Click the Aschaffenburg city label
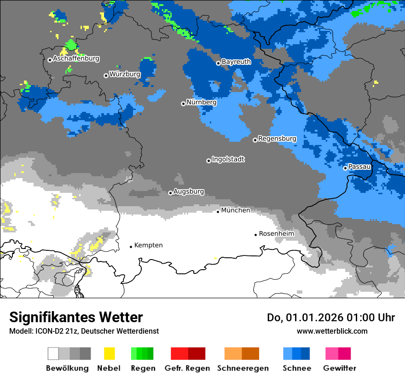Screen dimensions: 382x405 click(x=76, y=59)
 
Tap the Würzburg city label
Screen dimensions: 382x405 click(x=125, y=74)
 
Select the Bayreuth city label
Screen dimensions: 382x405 click(x=236, y=62)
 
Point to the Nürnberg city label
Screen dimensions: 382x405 click(x=201, y=103)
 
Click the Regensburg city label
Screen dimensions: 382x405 click(x=277, y=139)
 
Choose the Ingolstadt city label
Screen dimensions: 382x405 click(x=228, y=160)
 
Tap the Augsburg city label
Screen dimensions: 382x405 click(x=188, y=191)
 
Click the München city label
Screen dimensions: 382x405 click(x=236, y=210)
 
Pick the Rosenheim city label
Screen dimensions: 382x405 click(x=276, y=234)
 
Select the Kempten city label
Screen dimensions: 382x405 click(x=148, y=245)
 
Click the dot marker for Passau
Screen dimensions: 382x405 click(x=345, y=168)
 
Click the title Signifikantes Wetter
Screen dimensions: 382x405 click(x=76, y=318)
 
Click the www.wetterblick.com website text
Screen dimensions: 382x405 click(x=332, y=331)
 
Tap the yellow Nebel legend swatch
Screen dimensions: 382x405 click(x=109, y=353)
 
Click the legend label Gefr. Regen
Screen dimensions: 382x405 click(x=187, y=368)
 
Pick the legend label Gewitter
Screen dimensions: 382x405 click(x=339, y=368)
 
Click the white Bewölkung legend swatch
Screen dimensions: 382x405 click(x=53, y=353)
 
